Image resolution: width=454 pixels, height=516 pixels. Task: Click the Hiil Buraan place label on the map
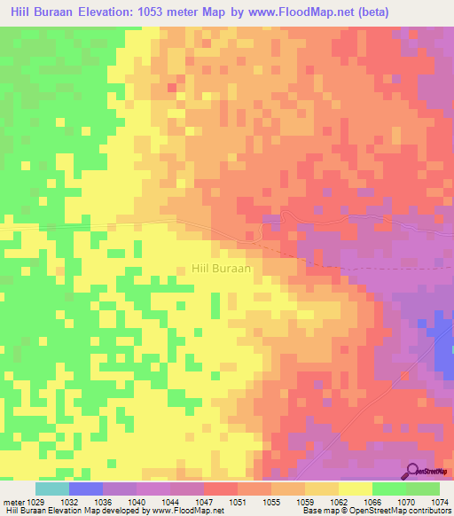click(223, 266)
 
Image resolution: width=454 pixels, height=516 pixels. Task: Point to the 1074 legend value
click(440, 502)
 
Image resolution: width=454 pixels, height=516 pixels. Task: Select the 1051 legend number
click(239, 502)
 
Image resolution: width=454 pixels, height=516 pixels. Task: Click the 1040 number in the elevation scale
click(137, 502)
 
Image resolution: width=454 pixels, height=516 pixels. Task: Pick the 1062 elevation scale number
click(339, 502)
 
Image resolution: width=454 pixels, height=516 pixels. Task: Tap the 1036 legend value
click(104, 502)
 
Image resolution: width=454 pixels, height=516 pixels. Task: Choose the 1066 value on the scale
click(372, 502)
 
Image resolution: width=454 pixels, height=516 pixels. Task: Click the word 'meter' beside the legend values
click(15, 502)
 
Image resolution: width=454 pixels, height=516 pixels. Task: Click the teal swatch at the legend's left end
click(51, 489)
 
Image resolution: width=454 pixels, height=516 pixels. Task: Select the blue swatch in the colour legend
click(86, 489)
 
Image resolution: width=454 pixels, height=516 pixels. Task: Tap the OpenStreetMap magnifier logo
click(413, 470)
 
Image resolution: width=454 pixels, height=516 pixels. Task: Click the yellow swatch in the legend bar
click(356, 489)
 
